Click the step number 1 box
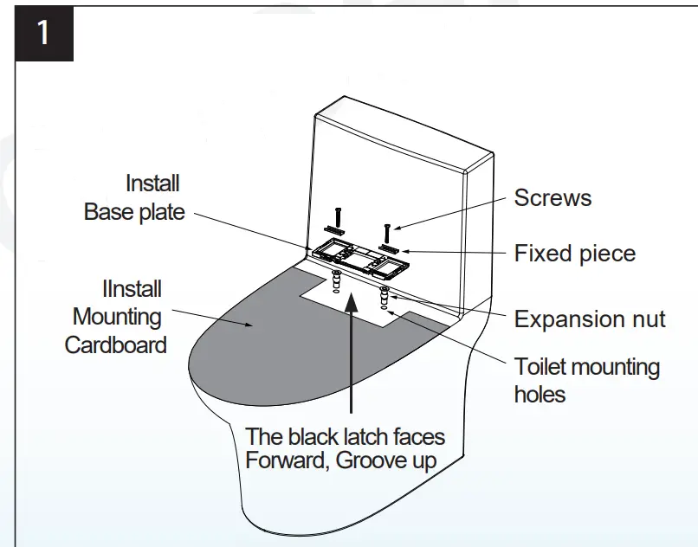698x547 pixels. click(x=43, y=34)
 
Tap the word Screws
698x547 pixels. click(x=553, y=197)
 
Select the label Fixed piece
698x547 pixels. click(x=575, y=254)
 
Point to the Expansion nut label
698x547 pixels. click(x=590, y=319)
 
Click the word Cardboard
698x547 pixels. click(x=116, y=344)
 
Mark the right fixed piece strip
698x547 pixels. click(x=387, y=248)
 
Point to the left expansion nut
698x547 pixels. click(x=334, y=280)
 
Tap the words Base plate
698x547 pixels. click(x=134, y=212)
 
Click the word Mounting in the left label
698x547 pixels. click(x=117, y=317)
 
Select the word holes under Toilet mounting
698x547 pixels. click(x=540, y=395)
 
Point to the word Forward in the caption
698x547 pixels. click(x=282, y=460)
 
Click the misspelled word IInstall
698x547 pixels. click(x=132, y=289)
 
